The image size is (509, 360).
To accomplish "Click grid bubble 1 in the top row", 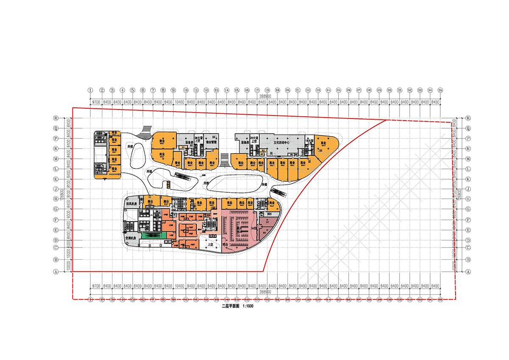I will point(90,90).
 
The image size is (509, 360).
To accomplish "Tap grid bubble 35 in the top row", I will point(440,90).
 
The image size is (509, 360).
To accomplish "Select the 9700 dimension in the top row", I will point(96,102).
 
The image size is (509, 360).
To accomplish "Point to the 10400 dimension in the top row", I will point(179,102).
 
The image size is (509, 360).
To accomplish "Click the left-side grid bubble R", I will point(55,118).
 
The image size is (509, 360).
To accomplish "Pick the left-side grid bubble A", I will point(55,273).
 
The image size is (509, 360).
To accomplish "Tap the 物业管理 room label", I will point(211,142).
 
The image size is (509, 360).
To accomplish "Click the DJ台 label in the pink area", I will point(255,229).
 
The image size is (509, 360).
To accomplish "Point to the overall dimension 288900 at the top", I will point(265,97).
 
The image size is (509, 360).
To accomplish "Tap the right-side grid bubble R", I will point(468,118).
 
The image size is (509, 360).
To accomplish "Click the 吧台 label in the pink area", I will point(225,245).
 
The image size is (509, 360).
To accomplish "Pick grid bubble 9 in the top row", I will point(173,90).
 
